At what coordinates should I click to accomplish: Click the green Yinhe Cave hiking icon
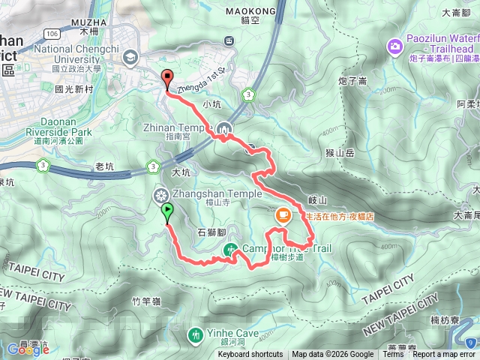point(196,333)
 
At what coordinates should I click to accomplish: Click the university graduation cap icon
point(130,57)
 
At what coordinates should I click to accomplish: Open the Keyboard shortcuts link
point(250,355)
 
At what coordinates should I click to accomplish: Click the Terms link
point(392,355)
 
